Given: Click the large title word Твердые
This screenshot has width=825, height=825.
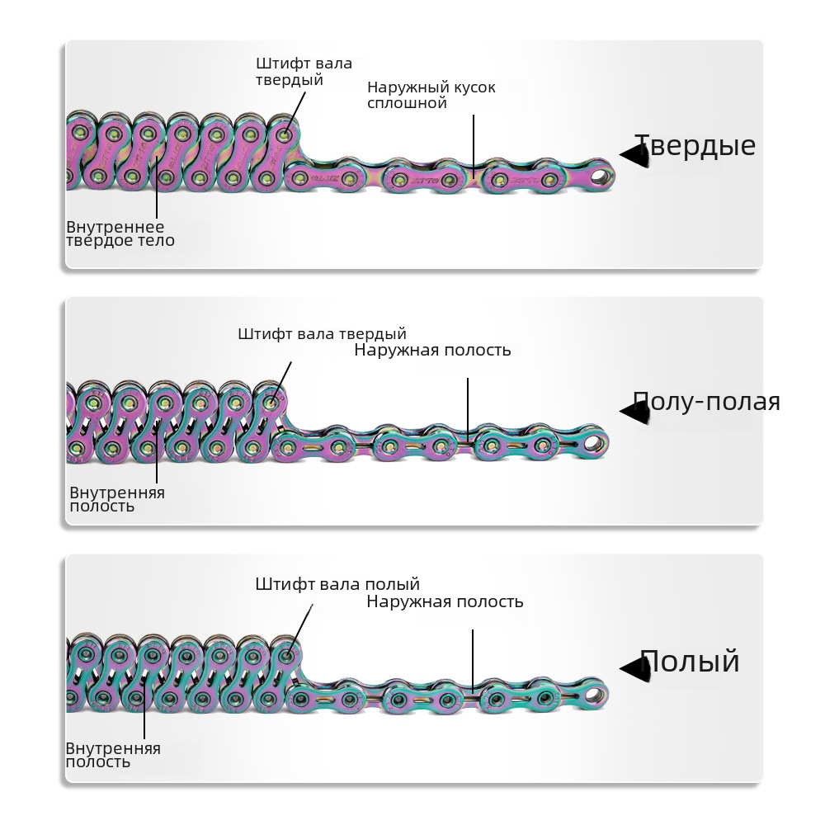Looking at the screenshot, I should coord(695,146).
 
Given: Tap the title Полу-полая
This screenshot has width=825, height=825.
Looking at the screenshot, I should coord(706,402).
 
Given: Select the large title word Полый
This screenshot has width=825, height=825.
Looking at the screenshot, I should coord(690,662).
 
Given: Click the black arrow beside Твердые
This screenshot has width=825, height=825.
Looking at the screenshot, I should coord(632,154).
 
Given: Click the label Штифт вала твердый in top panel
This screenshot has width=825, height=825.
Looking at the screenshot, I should coord(304,72).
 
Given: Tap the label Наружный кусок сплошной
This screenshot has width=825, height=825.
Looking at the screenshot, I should coord(431,95).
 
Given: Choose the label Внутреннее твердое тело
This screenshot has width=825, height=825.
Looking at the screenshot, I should coord(120,233).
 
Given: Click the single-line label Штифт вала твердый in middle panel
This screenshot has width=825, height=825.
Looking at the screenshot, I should coord(322,334).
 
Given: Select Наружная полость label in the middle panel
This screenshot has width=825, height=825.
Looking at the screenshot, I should coord(432,350).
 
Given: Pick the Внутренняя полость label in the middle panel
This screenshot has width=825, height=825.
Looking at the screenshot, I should coord(117,499).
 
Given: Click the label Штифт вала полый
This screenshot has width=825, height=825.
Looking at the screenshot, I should coord(337,584).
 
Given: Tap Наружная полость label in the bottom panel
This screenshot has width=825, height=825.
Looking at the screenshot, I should coord(445,601).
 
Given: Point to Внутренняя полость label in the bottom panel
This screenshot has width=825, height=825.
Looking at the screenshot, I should coord(113,755).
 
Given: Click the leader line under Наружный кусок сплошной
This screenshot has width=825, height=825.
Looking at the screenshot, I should coord(474,140).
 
